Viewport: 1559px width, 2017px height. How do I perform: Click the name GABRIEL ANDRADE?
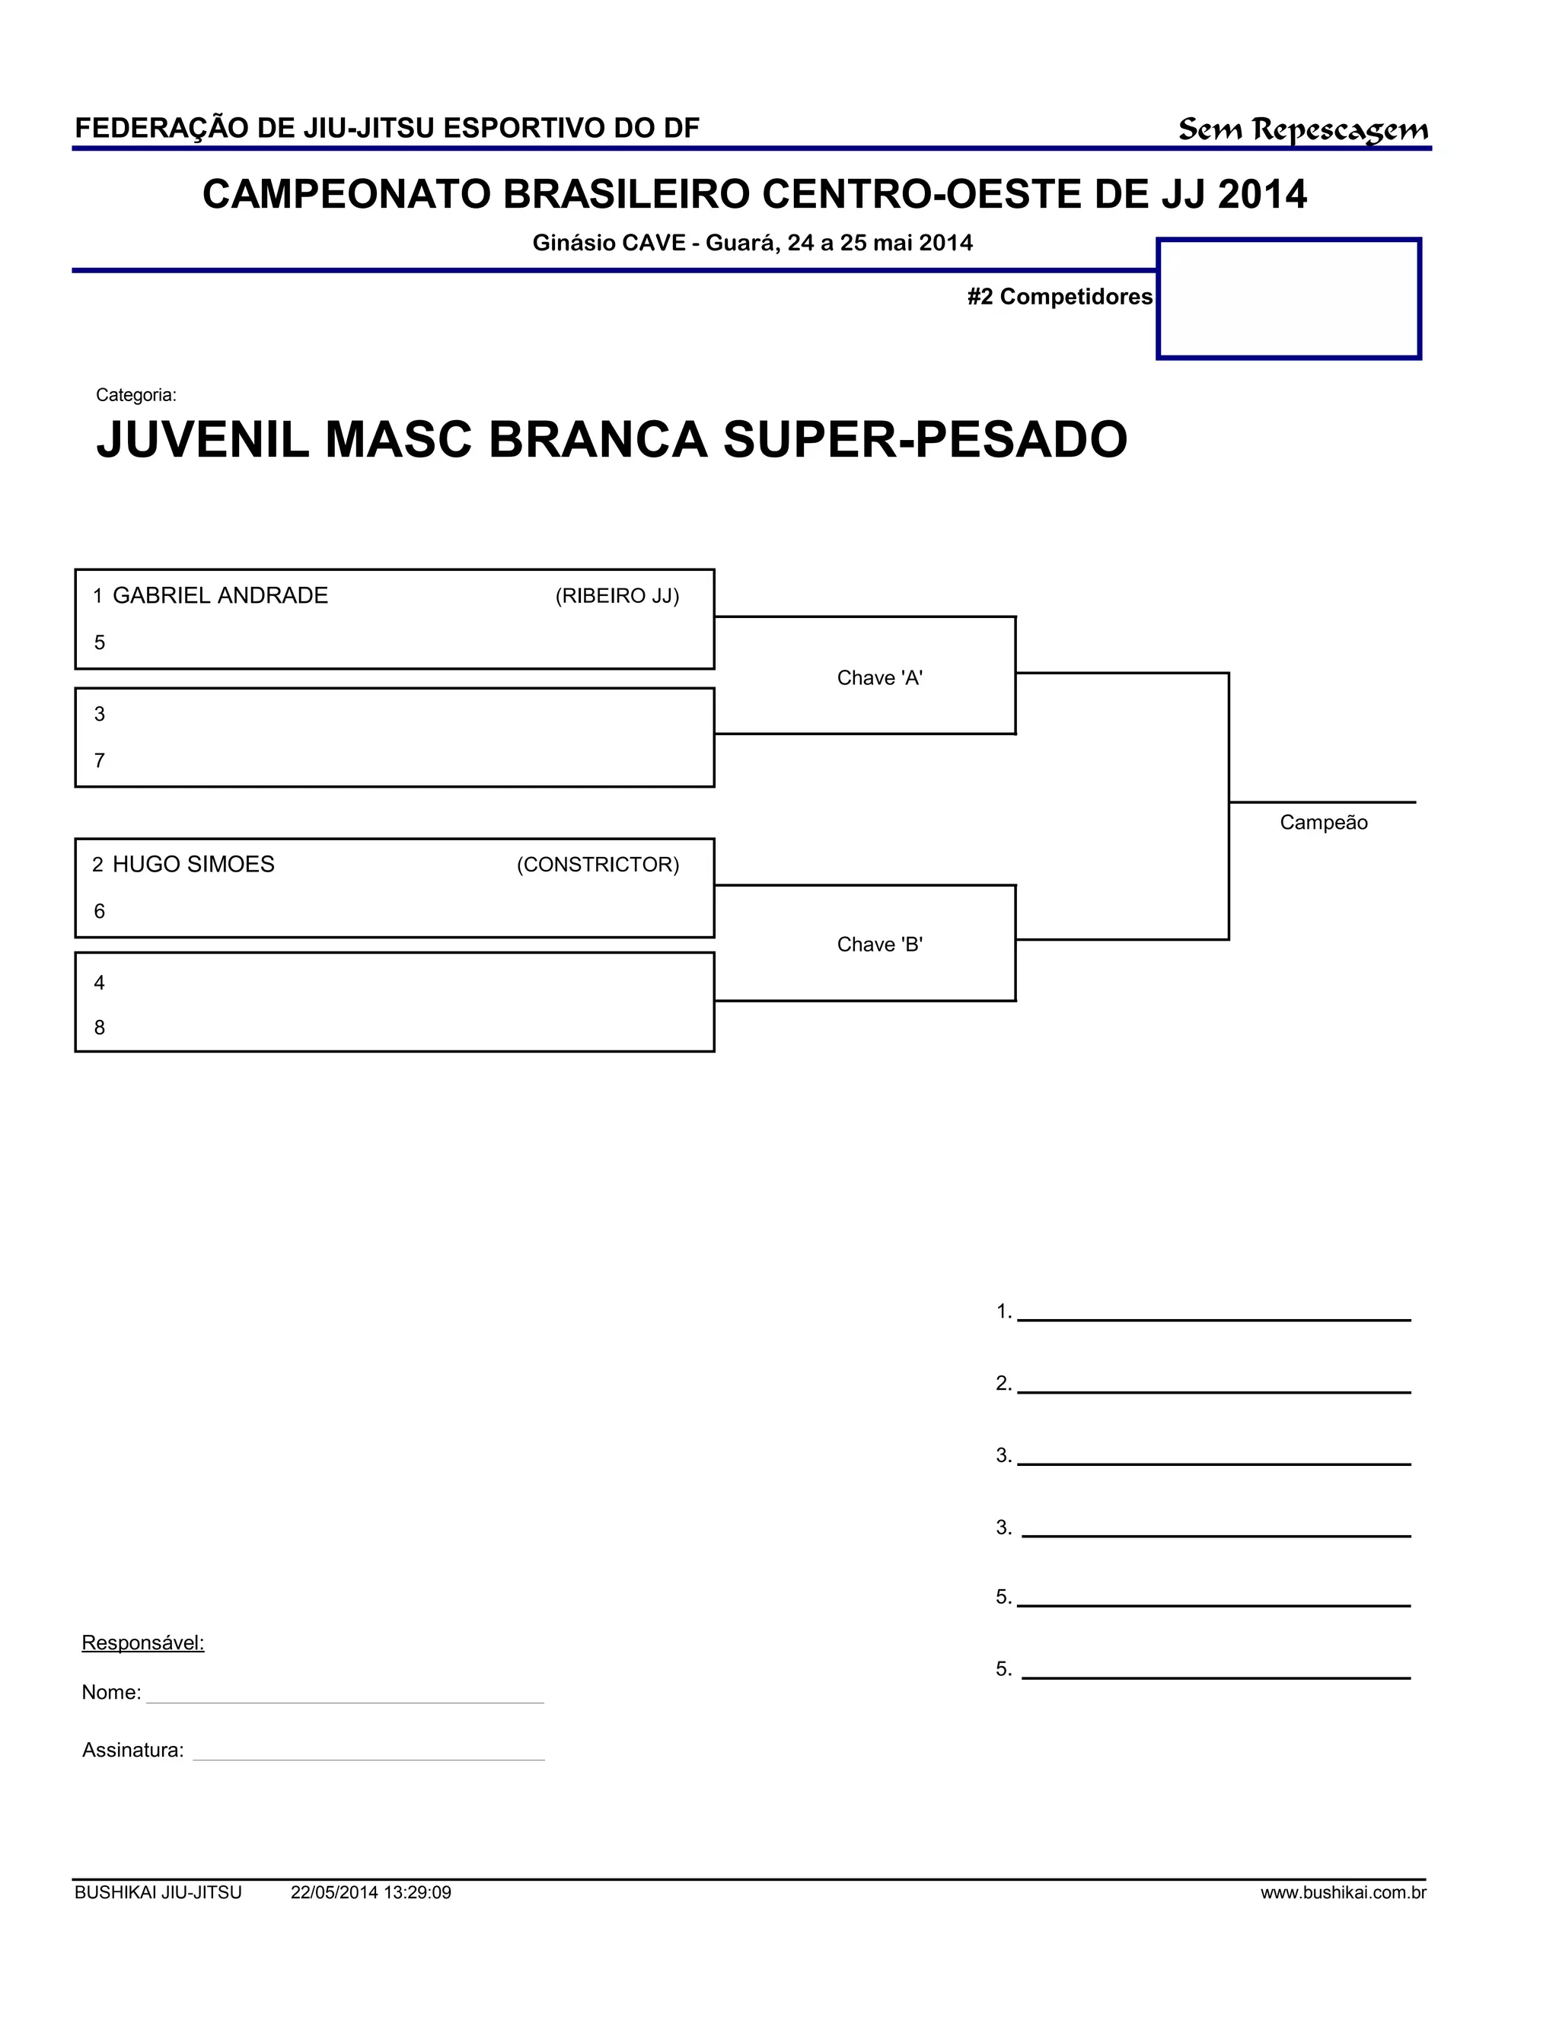(220, 596)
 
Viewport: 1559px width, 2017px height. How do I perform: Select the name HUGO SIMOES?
(193, 865)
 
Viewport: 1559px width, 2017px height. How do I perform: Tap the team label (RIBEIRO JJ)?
(617, 597)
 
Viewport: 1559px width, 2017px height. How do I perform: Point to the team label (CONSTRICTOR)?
(598, 865)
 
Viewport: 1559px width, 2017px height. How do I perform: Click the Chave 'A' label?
(879, 678)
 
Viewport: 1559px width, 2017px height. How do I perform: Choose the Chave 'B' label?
(879, 945)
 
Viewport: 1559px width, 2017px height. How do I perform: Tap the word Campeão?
(1322, 823)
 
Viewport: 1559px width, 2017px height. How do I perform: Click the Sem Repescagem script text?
(1302, 129)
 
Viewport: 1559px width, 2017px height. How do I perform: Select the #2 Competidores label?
(1060, 296)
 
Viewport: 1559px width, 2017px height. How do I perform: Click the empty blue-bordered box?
(1289, 298)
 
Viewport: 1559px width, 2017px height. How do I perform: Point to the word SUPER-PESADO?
(924, 440)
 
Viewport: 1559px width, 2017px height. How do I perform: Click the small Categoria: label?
(135, 395)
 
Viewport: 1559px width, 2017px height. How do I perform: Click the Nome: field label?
(111, 1693)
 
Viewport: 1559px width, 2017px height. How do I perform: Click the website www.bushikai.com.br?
(1343, 1893)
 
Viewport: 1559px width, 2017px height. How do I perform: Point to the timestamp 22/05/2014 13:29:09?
(371, 1893)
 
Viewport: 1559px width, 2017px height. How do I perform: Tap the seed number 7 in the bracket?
(100, 761)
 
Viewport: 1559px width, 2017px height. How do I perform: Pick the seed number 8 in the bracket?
(100, 1028)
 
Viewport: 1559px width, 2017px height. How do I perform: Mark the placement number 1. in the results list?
(1003, 1311)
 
